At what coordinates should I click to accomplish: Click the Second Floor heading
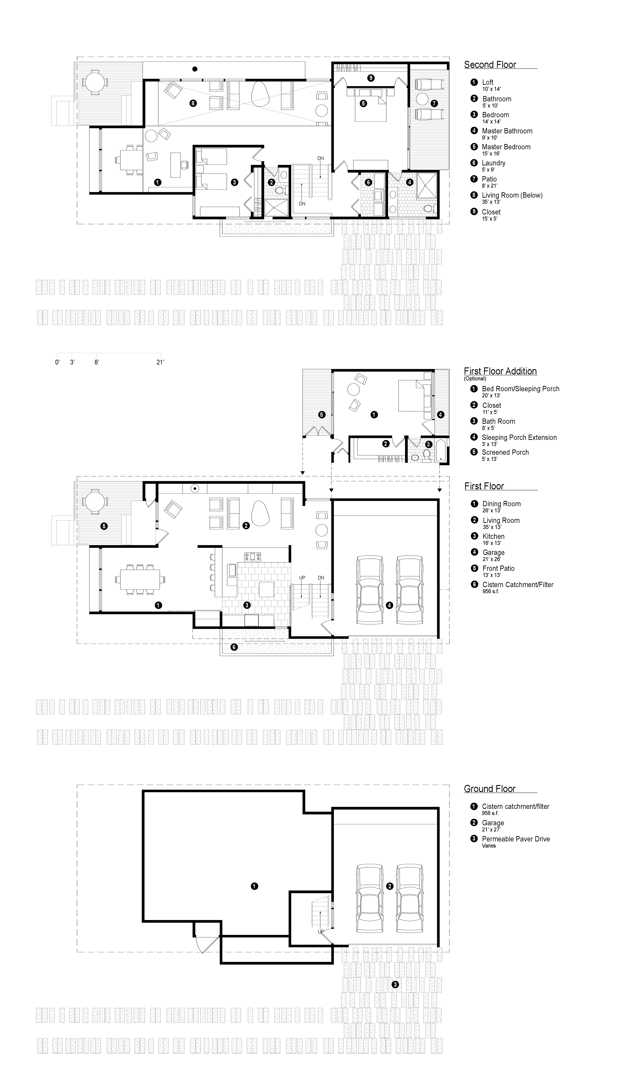pyautogui.click(x=490, y=65)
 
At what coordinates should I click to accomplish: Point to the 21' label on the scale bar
pyautogui.click(x=160, y=362)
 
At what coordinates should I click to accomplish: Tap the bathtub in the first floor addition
pyautogui.click(x=443, y=451)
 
